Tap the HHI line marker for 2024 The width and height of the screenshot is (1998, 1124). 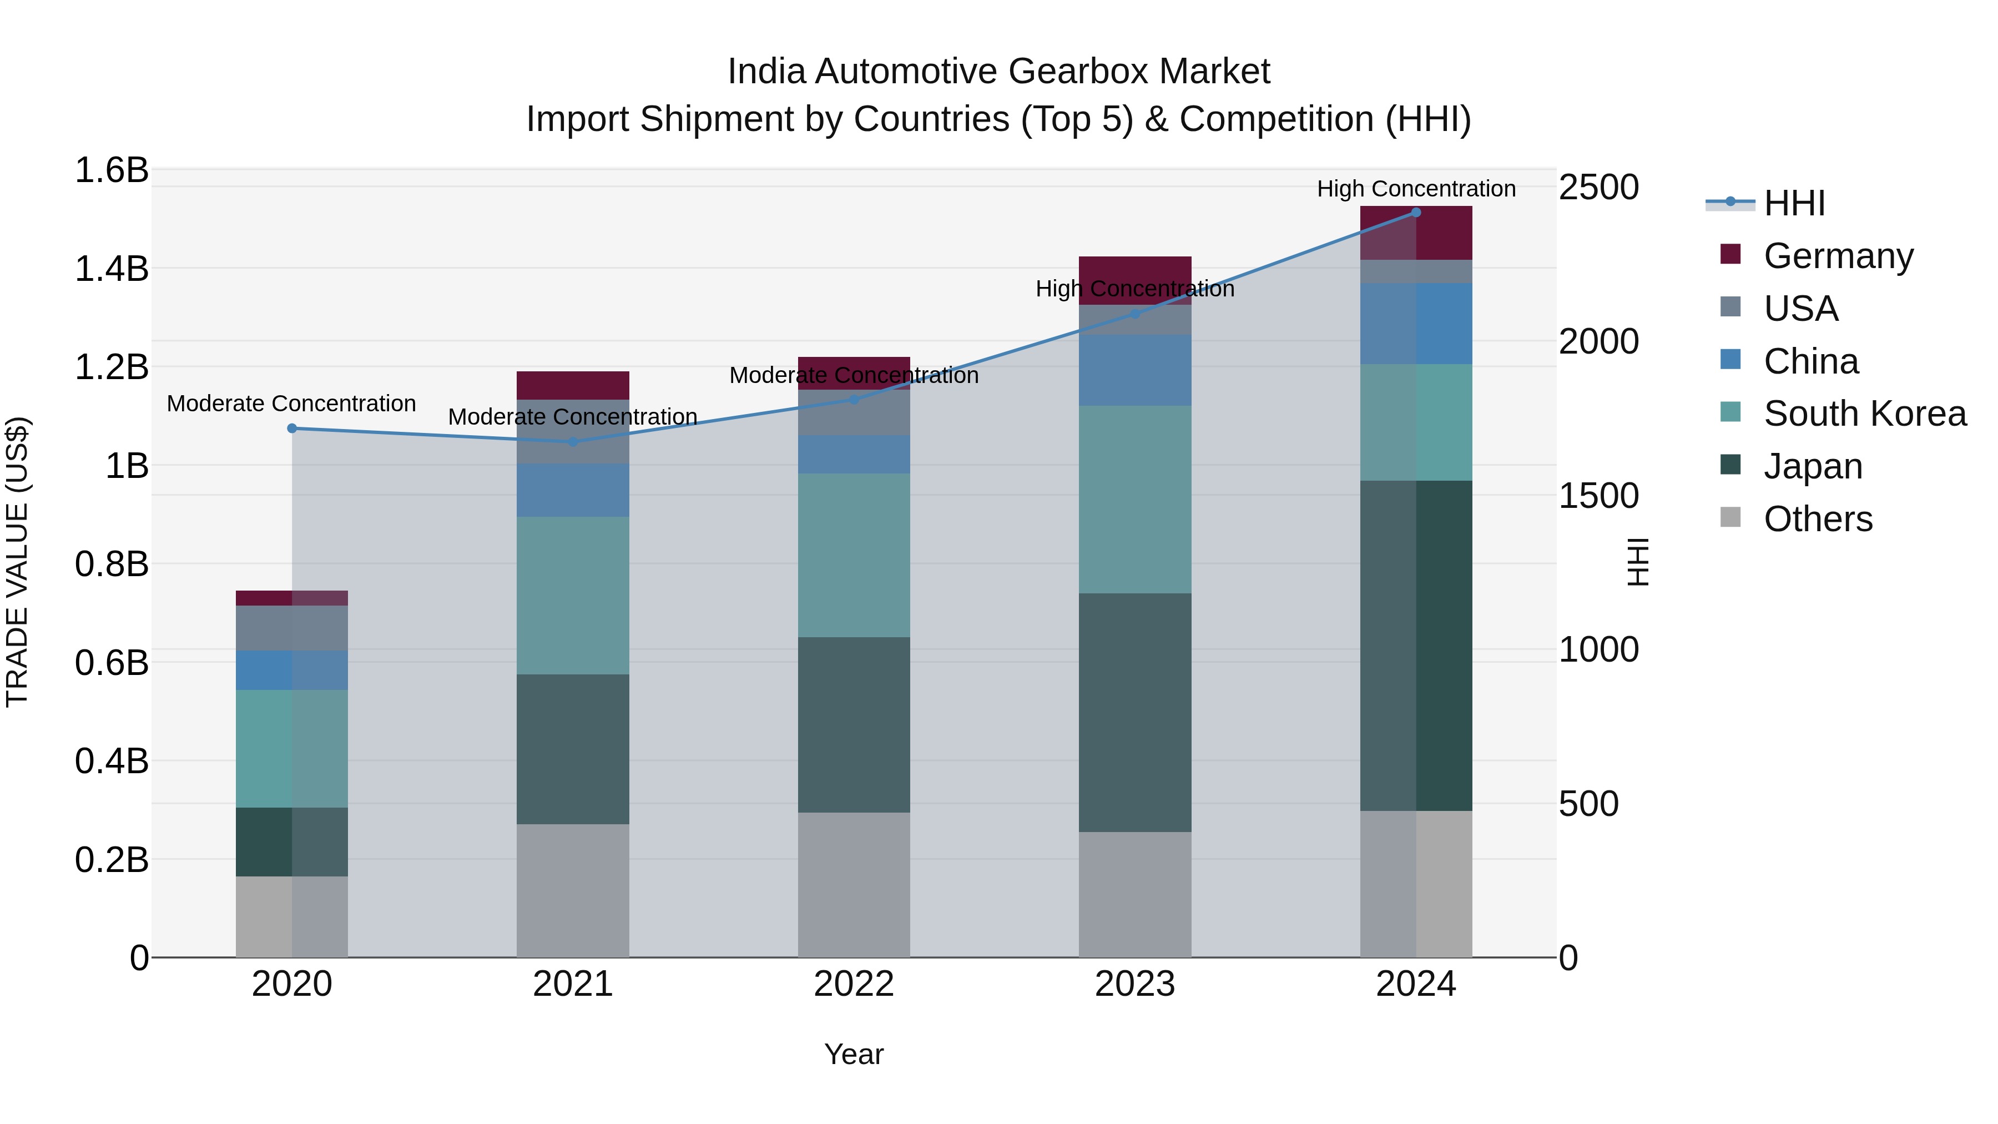1415,213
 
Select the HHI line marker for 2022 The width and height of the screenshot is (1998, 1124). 854,400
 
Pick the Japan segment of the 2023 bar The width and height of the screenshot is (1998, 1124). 1135,712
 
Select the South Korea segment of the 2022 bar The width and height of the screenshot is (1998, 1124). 854,556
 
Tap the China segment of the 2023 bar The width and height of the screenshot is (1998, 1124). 1135,370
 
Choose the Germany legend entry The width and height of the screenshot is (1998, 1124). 1838,255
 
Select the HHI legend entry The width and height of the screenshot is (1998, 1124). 1793,203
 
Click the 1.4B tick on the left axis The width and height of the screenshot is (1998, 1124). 111,269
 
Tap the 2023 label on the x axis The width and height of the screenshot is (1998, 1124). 1135,984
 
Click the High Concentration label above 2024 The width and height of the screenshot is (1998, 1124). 1415,189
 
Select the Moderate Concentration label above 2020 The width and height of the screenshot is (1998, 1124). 291,404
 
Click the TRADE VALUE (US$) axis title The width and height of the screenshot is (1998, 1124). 17,562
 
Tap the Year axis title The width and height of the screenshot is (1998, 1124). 854,1054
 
